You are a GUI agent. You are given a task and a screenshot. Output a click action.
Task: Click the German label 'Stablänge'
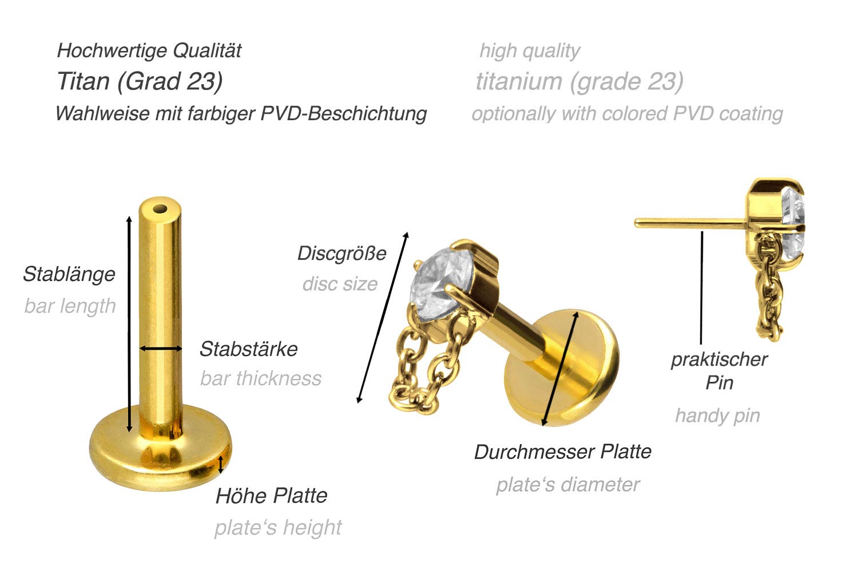click(69, 274)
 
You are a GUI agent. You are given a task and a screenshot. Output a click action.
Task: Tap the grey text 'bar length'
click(70, 306)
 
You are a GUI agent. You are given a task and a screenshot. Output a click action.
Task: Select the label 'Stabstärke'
click(249, 349)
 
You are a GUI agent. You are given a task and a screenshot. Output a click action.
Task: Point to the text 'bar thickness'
click(261, 378)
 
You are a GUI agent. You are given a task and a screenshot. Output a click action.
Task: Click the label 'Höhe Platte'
click(272, 496)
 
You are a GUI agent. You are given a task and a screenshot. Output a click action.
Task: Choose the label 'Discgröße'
click(341, 254)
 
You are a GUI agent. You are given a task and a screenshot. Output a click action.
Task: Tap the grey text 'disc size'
click(340, 284)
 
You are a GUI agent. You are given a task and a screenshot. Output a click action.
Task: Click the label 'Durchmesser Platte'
click(563, 452)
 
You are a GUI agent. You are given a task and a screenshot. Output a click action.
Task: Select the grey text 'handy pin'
click(717, 416)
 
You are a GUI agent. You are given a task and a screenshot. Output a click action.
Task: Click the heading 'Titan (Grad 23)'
click(140, 81)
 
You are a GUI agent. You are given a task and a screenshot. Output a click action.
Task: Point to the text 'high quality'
click(530, 51)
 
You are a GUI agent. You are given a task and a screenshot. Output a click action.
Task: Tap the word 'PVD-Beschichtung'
click(344, 114)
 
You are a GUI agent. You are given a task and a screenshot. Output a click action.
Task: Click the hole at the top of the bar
click(160, 210)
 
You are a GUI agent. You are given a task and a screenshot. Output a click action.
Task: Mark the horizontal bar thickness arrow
click(161, 349)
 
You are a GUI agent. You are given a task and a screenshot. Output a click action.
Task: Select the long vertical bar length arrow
click(129, 324)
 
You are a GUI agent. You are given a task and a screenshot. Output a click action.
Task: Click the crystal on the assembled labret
click(440, 283)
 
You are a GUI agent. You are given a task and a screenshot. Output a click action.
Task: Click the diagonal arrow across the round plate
click(560, 369)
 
